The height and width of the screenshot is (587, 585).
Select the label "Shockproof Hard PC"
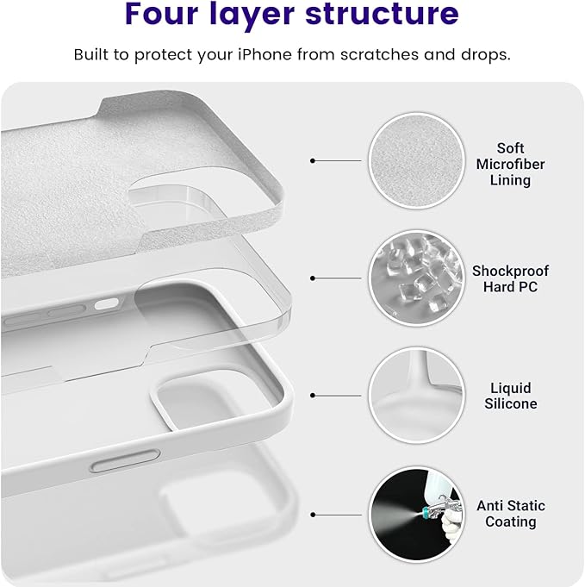(510, 278)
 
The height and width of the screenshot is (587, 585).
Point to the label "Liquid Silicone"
(510, 396)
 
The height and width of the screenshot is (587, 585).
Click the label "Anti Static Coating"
(510, 514)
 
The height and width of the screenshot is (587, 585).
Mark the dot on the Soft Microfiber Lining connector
(313, 160)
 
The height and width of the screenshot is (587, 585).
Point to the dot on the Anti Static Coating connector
(313, 515)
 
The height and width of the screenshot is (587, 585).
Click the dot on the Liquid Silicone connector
(313, 396)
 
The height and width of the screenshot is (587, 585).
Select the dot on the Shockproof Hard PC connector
(313, 278)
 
